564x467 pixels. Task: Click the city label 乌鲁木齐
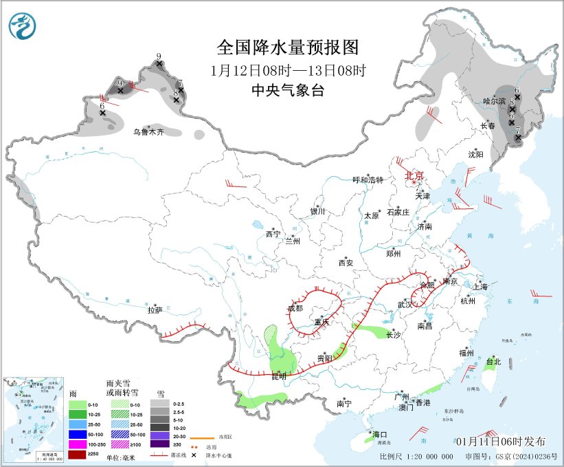[x=149, y=131]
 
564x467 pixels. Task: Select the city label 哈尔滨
[x=494, y=101]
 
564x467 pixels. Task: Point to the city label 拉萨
[x=155, y=310]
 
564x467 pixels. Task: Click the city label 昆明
[x=278, y=376]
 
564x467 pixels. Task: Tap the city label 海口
[x=380, y=435]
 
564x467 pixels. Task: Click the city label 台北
[x=493, y=361]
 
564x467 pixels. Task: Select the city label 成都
[x=295, y=308]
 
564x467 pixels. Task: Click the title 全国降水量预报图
[x=288, y=47]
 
